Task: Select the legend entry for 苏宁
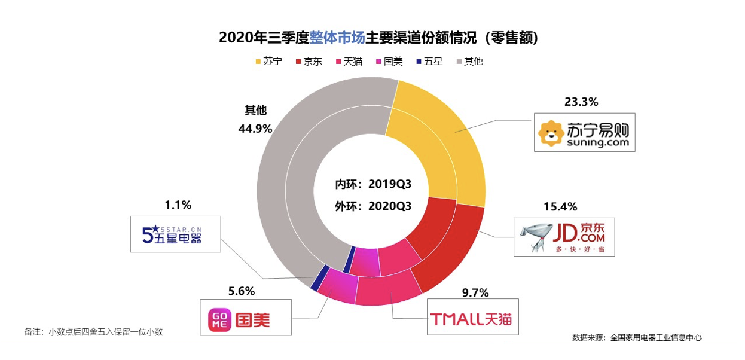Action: pyautogui.click(x=268, y=61)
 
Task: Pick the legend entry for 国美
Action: pyautogui.click(x=389, y=61)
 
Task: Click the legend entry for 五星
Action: pyautogui.click(x=429, y=61)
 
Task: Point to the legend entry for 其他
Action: pyautogui.click(x=469, y=61)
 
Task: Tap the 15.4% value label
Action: pyautogui.click(x=560, y=207)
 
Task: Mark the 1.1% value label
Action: pyautogui.click(x=178, y=205)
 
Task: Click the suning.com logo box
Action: pyautogui.click(x=584, y=132)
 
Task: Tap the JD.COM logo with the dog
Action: pyautogui.click(x=564, y=236)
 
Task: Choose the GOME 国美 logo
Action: pyautogui.click(x=246, y=318)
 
